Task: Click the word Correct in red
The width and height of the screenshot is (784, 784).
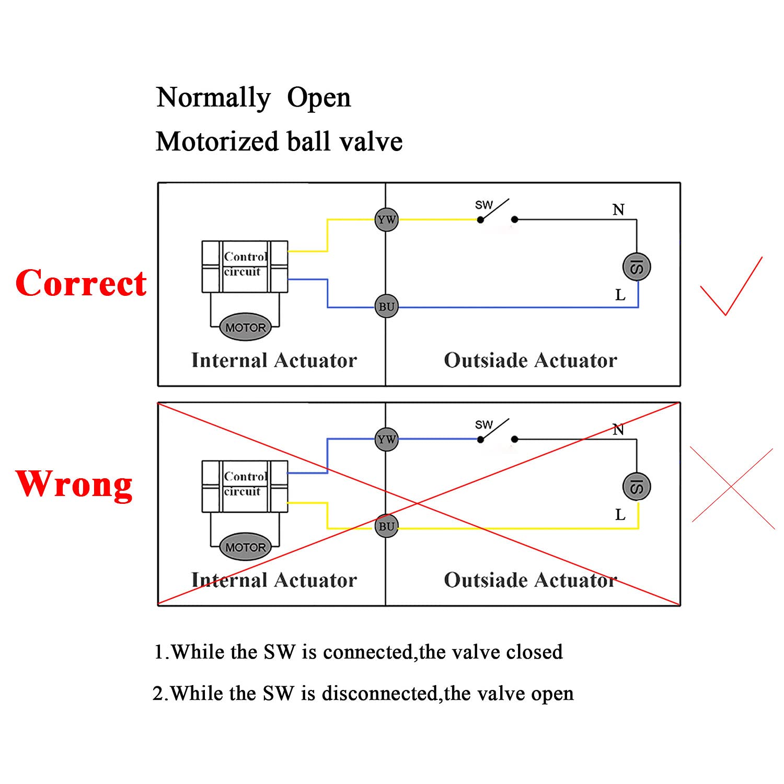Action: point(81,283)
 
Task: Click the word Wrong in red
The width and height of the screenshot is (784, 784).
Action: point(74,484)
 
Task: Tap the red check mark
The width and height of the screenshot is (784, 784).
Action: point(730,286)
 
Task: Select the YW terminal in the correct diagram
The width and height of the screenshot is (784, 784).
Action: point(386,220)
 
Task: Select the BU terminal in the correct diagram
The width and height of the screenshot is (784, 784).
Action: point(386,307)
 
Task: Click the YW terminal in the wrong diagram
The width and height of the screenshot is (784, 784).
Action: point(386,440)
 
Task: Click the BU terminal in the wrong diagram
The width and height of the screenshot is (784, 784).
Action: point(386,526)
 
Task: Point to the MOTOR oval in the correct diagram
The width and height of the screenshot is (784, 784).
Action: point(245,328)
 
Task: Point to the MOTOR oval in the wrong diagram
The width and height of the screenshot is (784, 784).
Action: point(245,547)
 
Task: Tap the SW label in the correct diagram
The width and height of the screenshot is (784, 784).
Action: point(483,205)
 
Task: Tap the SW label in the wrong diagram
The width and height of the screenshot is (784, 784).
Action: point(483,425)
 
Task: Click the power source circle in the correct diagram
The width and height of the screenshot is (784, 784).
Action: point(636,267)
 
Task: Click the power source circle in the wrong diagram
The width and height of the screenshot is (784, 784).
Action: point(636,487)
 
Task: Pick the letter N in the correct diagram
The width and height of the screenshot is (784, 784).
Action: point(618,210)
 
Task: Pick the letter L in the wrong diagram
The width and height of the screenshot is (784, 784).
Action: point(620,515)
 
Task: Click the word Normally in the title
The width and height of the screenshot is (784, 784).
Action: point(213,98)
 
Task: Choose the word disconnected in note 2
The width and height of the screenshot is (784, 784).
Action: point(379,694)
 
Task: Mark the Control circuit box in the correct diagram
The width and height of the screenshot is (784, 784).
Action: point(245,266)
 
